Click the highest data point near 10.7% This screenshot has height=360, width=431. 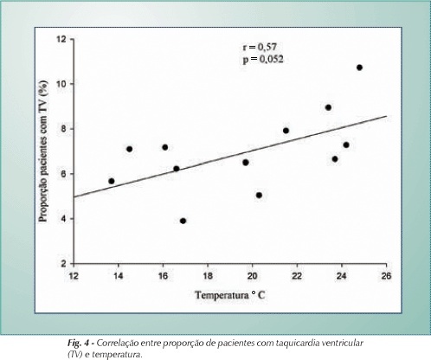coord(359,67)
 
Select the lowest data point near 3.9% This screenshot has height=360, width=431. coord(183,221)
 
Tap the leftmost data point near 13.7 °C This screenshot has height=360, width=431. coord(112,181)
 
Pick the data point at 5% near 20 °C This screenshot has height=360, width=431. coord(259,196)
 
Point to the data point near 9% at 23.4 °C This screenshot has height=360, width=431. coord(328,107)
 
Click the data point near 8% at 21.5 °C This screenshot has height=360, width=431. coord(286,131)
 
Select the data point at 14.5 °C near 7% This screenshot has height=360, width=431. coord(130,149)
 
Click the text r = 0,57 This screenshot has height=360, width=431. coord(260,47)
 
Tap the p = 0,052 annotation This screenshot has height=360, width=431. coord(263,60)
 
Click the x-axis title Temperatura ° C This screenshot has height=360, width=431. coord(230,295)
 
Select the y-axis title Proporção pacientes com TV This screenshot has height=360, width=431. coord(43,151)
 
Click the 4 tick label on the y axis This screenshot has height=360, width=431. coord(63,219)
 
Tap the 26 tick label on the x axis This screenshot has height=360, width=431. coord(387,276)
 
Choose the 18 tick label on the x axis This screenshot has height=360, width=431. coord(208,276)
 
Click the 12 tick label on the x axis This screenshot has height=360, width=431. coord(74,276)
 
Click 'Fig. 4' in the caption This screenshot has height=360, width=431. coord(78,344)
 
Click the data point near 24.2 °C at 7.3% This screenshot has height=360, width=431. coord(346,145)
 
